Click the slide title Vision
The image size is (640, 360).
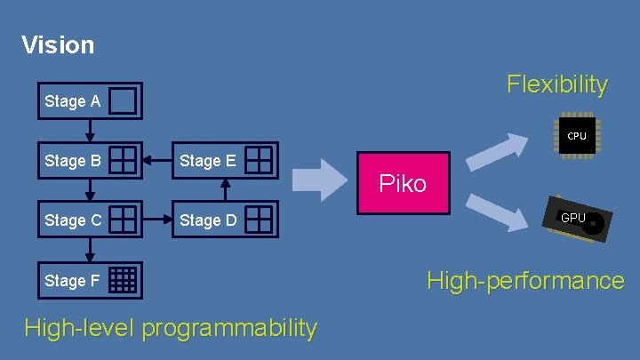[58, 44]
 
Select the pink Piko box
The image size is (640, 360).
[403, 183]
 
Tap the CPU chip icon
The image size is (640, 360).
[577, 136]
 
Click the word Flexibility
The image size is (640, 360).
[557, 84]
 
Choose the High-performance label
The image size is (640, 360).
[525, 281]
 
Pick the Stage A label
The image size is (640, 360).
[72, 101]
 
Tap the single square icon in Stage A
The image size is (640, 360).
[124, 101]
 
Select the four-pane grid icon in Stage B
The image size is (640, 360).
[124, 160]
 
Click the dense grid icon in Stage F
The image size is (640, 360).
[124, 280]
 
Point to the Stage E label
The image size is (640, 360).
[207, 161]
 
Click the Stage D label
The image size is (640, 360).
[207, 220]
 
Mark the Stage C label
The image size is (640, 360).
[72, 220]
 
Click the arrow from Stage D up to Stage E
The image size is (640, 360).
[226, 189]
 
